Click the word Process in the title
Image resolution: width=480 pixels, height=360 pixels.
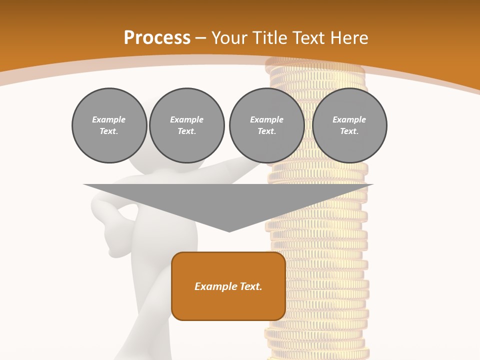(157, 38)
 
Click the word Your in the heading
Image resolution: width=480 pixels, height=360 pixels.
(230, 38)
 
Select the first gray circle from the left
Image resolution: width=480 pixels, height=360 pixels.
(109, 125)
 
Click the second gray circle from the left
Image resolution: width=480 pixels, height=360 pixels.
(187, 125)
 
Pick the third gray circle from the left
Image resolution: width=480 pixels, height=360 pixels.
(267, 125)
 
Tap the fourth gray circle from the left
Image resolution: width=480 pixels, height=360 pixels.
(349, 125)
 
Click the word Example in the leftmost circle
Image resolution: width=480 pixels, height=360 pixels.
(109, 119)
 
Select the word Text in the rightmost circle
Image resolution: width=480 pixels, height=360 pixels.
(349, 131)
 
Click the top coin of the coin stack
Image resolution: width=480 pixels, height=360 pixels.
(315, 62)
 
